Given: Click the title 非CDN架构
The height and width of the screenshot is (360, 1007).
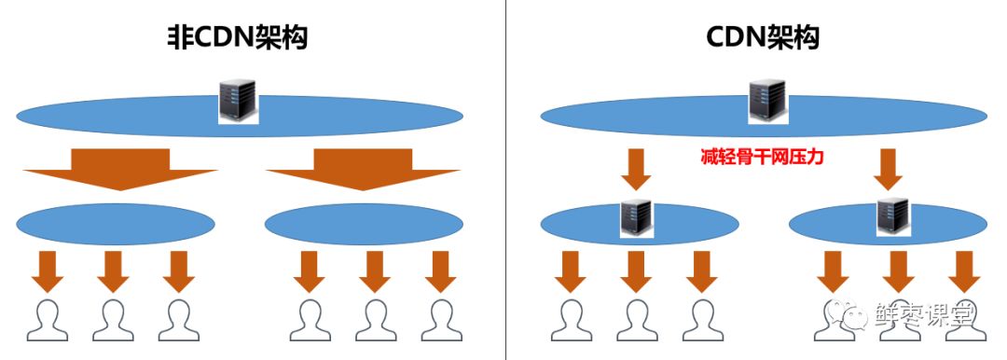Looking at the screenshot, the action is [x=237, y=38].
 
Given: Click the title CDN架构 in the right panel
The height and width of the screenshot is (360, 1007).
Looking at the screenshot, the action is [x=763, y=38].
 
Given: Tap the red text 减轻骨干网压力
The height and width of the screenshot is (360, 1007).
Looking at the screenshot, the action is [x=763, y=157].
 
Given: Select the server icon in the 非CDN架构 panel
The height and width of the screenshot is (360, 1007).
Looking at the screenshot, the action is [x=238, y=101].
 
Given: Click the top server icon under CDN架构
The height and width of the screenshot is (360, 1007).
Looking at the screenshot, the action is [x=767, y=101].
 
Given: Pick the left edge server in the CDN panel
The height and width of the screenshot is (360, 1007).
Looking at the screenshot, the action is [x=637, y=218].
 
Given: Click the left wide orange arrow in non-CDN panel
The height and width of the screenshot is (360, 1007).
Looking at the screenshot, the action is [x=120, y=170].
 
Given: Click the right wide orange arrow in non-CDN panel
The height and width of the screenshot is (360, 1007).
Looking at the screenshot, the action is [x=363, y=170].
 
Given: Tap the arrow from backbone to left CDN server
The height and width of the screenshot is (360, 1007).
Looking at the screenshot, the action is [x=636, y=170].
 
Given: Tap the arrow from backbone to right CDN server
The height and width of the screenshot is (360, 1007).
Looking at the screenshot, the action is [x=889, y=170].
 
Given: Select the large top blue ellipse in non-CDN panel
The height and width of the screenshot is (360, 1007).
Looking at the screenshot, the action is [x=240, y=117].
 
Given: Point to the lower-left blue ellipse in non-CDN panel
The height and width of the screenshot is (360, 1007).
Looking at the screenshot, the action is [x=116, y=225].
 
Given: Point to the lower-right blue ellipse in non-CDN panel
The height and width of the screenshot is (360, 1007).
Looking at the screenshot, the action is [x=365, y=225].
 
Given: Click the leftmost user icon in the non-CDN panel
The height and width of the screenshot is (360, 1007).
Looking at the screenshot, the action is [x=48, y=320].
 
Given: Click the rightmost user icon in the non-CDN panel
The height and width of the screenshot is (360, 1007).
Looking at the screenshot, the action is [x=442, y=320].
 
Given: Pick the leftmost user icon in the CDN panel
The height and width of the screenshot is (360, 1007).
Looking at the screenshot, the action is [x=572, y=320].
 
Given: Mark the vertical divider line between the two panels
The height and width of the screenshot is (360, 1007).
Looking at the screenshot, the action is [x=505, y=180].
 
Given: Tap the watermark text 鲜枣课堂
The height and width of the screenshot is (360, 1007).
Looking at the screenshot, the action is [x=925, y=315].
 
